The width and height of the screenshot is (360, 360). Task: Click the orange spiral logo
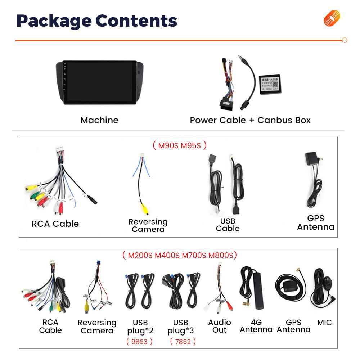click(x=332, y=18)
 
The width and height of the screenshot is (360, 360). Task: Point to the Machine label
click(x=99, y=120)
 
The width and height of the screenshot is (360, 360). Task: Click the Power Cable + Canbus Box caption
click(x=250, y=120)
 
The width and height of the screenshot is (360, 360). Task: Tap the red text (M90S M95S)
click(x=179, y=145)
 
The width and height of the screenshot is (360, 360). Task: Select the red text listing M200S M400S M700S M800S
click(x=179, y=256)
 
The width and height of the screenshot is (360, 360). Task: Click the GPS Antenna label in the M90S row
click(x=315, y=222)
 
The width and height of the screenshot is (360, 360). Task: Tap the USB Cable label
click(x=228, y=224)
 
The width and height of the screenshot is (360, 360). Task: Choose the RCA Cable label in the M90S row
click(x=55, y=224)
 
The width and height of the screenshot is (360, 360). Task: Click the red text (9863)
click(x=139, y=341)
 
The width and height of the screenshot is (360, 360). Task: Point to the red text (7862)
click(x=183, y=341)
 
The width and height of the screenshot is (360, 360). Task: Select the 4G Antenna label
click(x=256, y=326)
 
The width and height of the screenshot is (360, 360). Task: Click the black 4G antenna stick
click(x=258, y=292)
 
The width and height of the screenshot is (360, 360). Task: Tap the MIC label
click(x=324, y=323)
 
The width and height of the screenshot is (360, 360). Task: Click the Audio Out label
click(x=220, y=326)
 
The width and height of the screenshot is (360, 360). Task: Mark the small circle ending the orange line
click(x=344, y=40)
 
